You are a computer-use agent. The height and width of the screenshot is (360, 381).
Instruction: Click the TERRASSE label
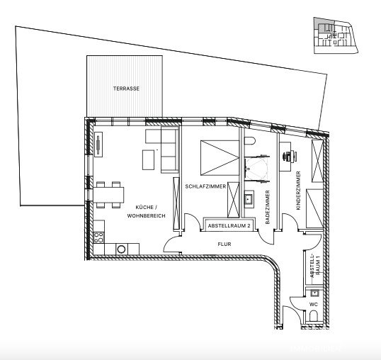pyautogui.click(x=125, y=89)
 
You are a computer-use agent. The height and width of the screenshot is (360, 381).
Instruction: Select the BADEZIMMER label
pyautogui.click(x=267, y=207)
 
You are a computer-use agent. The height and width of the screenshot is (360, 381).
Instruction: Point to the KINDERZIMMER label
pyautogui.click(x=299, y=191)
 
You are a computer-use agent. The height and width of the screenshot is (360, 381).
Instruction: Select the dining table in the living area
pyautogui.click(x=110, y=193)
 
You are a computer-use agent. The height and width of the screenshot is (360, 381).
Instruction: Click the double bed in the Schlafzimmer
pyautogui.click(x=220, y=157)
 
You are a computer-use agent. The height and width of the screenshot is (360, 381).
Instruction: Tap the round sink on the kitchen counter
pyautogui.click(x=122, y=249)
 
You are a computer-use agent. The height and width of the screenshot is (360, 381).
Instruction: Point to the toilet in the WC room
pyautogui.click(x=312, y=321)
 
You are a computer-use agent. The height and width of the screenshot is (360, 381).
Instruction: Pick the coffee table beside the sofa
pyautogui.click(x=149, y=160)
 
